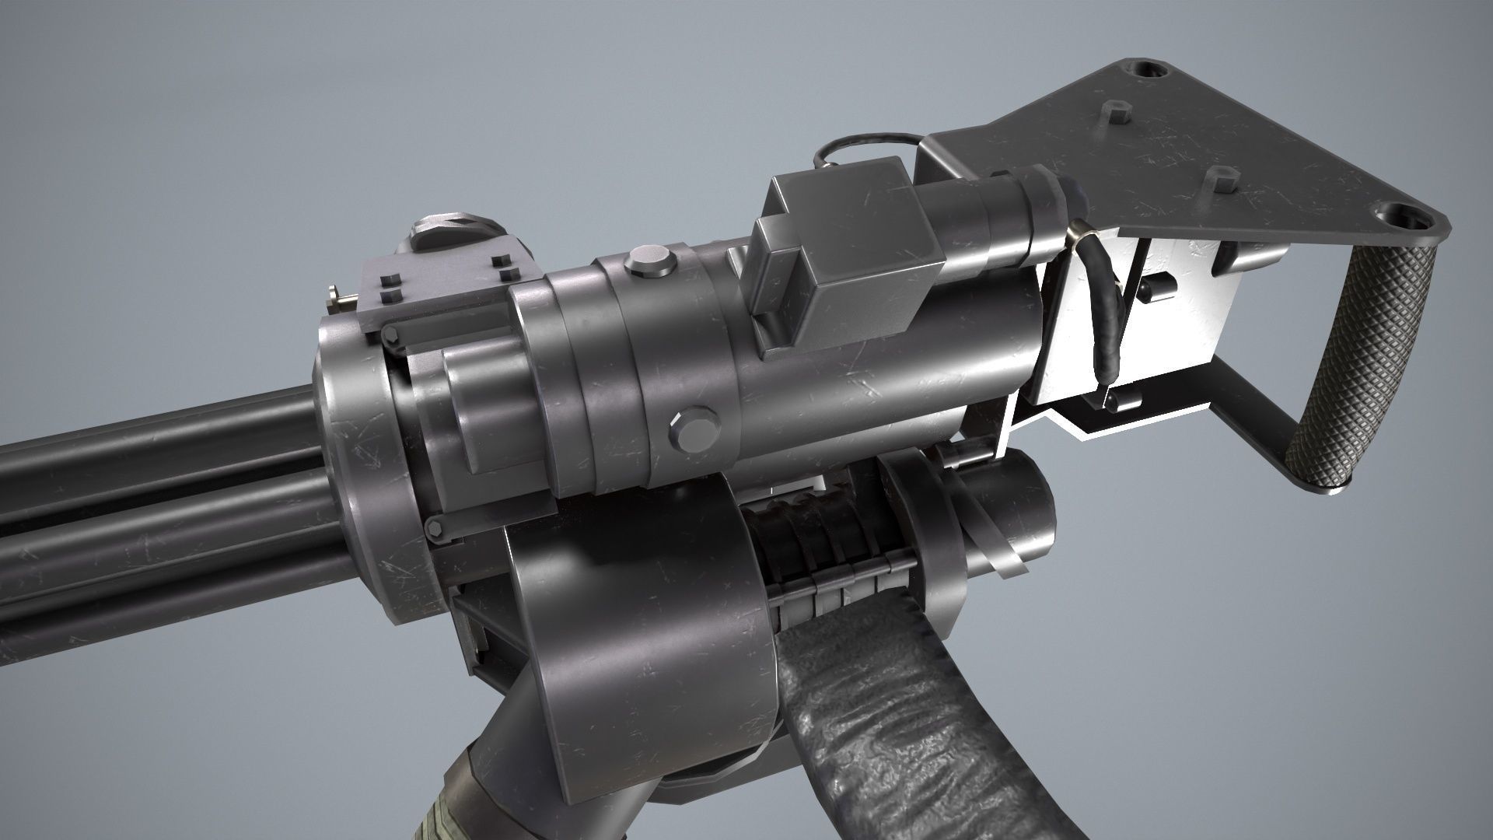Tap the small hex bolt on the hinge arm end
(x=390, y=336)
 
